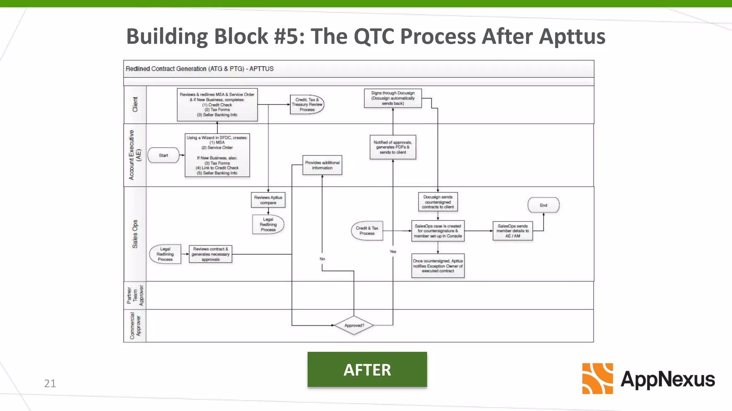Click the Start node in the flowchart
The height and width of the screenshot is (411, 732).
[163, 155]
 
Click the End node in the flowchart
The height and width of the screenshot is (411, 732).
[543, 205]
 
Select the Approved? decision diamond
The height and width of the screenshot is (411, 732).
[354, 325]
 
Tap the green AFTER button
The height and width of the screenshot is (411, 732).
[367, 370]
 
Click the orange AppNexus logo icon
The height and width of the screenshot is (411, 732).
[597, 379]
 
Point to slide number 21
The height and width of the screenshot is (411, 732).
[50, 383]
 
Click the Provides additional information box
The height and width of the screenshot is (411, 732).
[322, 165]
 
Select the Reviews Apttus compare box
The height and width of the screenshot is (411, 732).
[268, 200]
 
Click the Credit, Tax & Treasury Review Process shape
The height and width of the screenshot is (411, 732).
[307, 105]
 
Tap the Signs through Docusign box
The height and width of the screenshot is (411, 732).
[392, 98]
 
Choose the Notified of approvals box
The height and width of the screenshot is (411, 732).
[392, 147]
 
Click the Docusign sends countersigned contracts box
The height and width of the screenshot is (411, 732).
[437, 202]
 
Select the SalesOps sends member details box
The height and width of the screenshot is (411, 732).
[512, 231]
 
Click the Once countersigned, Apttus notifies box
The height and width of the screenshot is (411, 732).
[437, 266]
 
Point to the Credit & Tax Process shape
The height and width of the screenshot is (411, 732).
[367, 230]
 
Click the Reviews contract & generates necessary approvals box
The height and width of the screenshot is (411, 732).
[210, 254]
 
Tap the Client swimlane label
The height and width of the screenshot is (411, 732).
[135, 104]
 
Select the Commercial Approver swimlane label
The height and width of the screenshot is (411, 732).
[135, 326]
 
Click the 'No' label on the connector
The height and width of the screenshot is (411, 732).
[322, 259]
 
